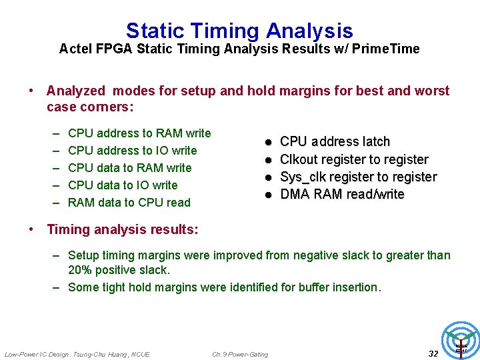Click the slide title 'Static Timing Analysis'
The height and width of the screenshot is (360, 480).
click(x=239, y=31)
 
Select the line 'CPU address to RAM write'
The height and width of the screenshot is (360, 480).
click(x=139, y=133)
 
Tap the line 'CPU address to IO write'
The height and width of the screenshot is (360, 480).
click(x=133, y=151)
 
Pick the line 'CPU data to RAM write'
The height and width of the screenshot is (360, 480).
click(x=130, y=168)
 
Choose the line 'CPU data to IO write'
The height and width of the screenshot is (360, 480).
click(x=123, y=185)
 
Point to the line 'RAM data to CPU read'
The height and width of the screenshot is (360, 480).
click(x=129, y=203)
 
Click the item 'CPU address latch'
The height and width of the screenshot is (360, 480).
click(x=335, y=141)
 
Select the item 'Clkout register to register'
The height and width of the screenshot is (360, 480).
click(x=354, y=159)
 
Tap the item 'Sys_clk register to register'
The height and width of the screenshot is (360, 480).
click(x=358, y=177)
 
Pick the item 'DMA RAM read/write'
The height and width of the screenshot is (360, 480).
click(x=342, y=194)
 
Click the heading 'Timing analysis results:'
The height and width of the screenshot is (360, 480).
click(x=123, y=229)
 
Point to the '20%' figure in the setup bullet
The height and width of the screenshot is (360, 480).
click(x=80, y=270)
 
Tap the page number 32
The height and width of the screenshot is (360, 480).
click(x=433, y=353)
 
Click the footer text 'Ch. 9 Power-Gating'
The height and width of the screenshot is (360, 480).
click(x=240, y=354)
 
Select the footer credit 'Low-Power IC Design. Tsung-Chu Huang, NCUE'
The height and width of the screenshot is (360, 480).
click(x=77, y=354)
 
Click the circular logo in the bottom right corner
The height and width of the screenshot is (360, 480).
click(x=461, y=339)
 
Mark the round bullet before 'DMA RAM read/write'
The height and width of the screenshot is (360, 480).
click(x=267, y=195)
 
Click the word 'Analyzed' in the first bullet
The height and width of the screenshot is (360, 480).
click(x=76, y=91)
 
